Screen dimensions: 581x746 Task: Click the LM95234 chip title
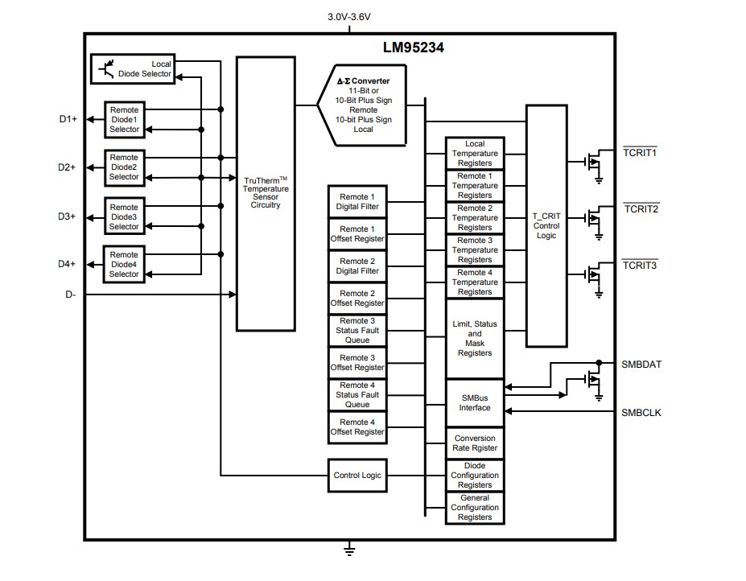[x=413, y=47]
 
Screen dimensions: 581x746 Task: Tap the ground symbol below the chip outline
[x=349, y=551]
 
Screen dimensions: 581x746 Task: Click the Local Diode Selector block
[x=132, y=69]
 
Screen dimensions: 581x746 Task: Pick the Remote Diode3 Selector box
[x=124, y=216]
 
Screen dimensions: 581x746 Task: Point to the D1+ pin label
[x=68, y=119]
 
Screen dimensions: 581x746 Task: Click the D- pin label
[x=71, y=295]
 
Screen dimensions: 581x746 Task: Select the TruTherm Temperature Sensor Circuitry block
[x=266, y=193]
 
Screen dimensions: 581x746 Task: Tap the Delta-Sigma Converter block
[x=362, y=105]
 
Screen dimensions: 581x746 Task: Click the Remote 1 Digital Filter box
[x=357, y=201]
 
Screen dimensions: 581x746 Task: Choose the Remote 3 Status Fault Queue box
[x=357, y=330]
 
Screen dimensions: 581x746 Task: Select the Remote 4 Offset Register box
[x=357, y=426]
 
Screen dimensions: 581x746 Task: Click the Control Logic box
[x=357, y=475]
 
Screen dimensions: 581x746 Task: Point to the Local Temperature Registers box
[x=475, y=153]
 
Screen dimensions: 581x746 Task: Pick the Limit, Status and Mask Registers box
[x=475, y=339]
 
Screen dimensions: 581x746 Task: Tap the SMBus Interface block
[x=475, y=402]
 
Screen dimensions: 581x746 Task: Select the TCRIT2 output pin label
[x=641, y=208]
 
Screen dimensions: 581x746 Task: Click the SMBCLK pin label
[x=641, y=413]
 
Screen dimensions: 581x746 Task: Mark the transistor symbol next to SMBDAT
[x=594, y=381]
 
